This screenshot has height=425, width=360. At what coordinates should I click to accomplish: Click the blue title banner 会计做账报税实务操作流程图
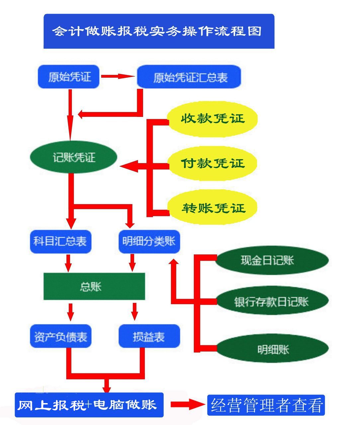[159, 31]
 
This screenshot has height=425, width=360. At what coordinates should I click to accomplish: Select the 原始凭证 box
[69, 77]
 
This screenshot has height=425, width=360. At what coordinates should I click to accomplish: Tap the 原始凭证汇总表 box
[189, 77]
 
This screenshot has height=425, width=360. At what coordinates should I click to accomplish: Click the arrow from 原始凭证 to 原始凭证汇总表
[118, 76]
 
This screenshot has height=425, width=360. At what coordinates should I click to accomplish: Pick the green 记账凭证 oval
[74, 157]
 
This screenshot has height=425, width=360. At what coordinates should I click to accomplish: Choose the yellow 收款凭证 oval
[213, 119]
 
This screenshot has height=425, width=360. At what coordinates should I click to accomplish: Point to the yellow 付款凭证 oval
[213, 163]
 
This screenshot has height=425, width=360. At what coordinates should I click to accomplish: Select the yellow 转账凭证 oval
[213, 208]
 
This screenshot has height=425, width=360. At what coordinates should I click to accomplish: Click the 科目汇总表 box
[60, 241]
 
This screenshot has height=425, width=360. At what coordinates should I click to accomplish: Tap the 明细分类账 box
[149, 241]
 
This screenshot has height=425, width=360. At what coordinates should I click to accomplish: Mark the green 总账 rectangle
[94, 286]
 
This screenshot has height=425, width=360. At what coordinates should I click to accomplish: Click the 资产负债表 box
[60, 336]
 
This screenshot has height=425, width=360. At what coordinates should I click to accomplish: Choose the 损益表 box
[149, 336]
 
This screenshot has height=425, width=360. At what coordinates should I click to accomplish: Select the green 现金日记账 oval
[272, 260]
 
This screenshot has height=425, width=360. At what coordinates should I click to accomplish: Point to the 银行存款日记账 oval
[272, 301]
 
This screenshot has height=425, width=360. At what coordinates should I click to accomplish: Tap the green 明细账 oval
[272, 349]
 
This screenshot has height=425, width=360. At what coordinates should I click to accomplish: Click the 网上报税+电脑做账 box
[89, 405]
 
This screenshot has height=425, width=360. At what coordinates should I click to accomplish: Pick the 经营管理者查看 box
[266, 405]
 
